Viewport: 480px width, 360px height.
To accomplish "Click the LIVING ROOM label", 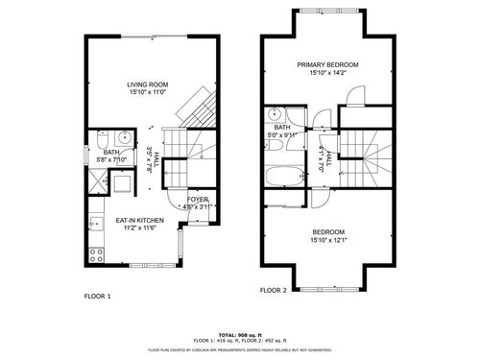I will point(148,84).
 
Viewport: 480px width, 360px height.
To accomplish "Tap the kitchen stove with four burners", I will point(96,255).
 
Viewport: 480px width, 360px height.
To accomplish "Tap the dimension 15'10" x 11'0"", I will point(148,93).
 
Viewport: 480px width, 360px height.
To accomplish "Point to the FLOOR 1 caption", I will point(97,296).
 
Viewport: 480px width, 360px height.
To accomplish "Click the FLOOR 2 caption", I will point(274,290).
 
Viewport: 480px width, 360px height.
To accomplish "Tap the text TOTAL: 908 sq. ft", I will point(240,333).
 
